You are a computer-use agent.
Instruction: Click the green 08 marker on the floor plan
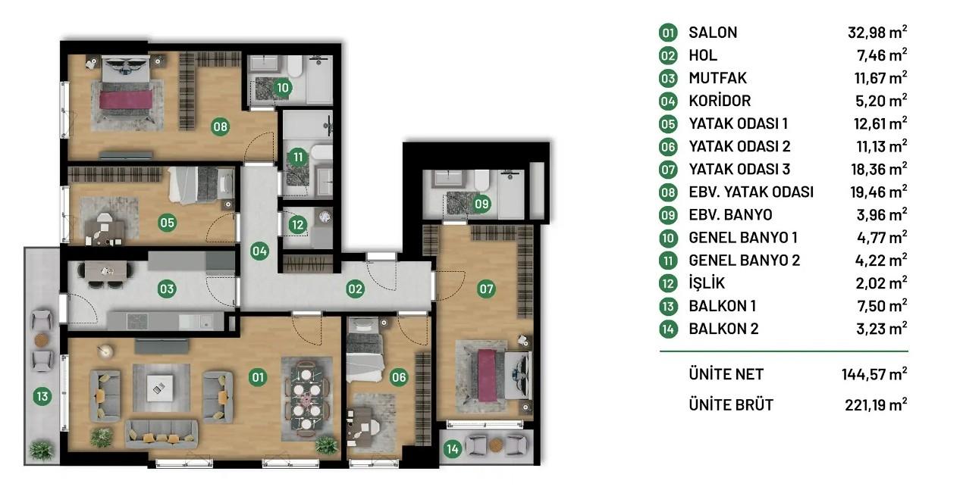tap(220, 126)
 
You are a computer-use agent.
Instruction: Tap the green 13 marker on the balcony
tap(42, 396)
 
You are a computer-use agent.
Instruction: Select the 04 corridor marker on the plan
tap(259, 251)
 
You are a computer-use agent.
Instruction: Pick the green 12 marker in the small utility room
tap(297, 225)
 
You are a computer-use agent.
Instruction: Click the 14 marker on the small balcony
tap(452, 449)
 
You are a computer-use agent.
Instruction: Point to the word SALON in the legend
tap(713, 33)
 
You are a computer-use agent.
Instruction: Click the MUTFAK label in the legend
tap(717, 78)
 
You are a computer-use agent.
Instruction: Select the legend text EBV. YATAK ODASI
tap(751, 192)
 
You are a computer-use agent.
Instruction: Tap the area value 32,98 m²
tap(877, 33)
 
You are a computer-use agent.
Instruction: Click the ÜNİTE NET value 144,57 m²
tap(874, 374)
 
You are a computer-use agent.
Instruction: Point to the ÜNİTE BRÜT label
tap(731, 404)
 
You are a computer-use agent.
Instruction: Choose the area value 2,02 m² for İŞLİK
tap(881, 283)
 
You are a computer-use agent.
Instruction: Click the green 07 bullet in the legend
tap(668, 170)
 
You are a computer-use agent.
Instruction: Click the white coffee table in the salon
tap(159, 389)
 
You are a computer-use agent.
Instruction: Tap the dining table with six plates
tap(306, 399)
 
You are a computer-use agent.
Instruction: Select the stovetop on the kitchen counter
tap(137, 321)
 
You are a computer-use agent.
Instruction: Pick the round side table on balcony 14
tap(496, 445)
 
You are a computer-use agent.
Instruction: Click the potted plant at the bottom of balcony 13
tap(42, 451)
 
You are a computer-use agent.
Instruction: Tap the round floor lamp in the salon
tap(105, 351)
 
